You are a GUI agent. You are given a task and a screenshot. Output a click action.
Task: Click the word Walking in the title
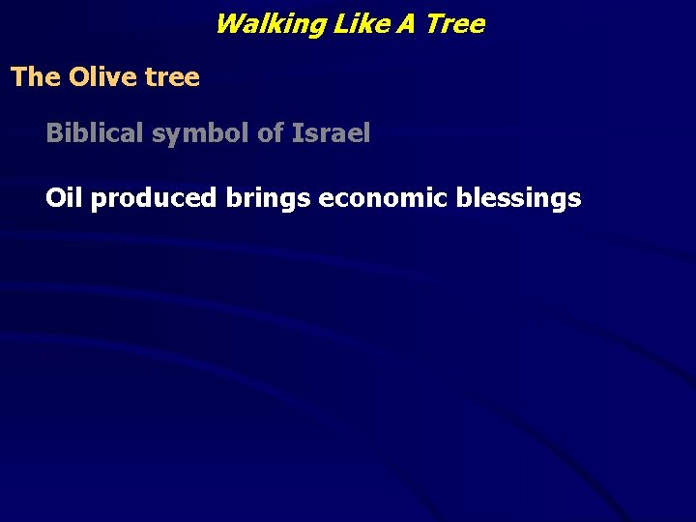click(270, 24)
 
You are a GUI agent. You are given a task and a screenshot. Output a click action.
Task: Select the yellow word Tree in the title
click(454, 24)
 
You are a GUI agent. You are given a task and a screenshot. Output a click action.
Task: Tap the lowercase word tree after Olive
click(172, 77)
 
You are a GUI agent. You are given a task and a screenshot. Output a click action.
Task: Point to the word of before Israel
click(270, 133)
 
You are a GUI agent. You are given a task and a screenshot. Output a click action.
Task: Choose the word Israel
click(331, 133)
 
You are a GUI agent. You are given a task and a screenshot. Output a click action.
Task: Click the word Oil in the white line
click(64, 198)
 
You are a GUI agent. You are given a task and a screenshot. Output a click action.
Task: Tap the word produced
click(154, 199)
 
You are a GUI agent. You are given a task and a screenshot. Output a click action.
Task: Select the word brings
click(269, 200)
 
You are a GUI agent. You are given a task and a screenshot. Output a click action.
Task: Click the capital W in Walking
click(228, 24)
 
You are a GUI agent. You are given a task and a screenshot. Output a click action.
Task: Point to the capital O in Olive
click(78, 77)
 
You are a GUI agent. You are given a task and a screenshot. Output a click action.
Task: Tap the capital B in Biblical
click(54, 133)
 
